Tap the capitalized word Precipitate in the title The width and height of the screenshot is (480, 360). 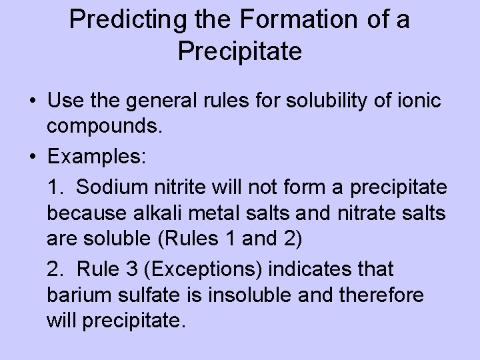pos(240,51)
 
